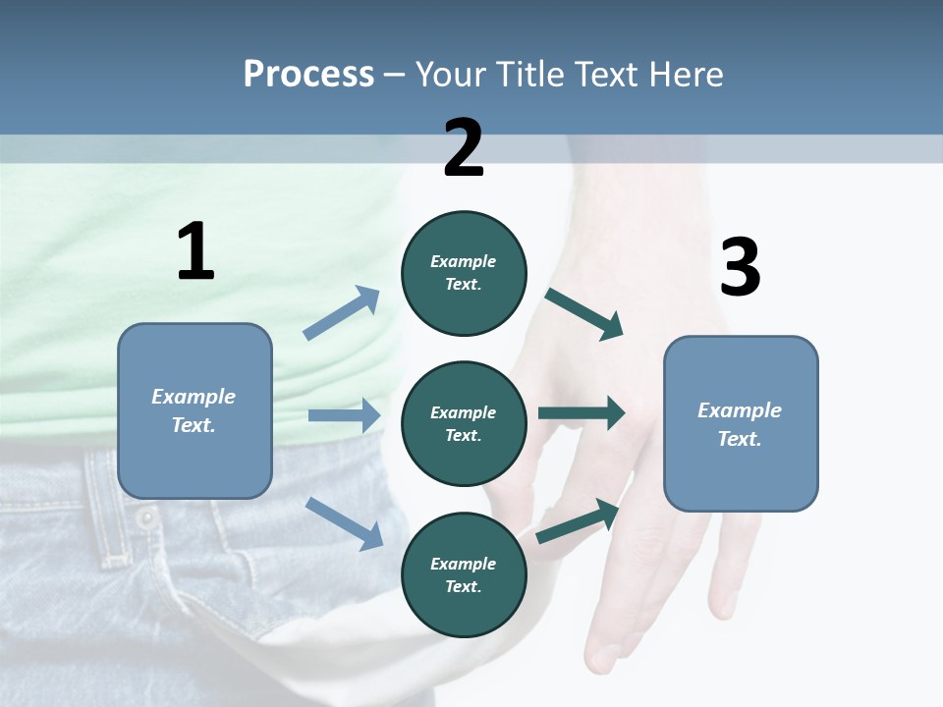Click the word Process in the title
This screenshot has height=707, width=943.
(308, 74)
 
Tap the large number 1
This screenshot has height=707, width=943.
(195, 252)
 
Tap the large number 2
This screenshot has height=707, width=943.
(464, 148)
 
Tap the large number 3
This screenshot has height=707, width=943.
(740, 268)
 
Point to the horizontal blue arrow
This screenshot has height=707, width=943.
(344, 416)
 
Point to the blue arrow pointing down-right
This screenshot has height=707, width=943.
(345, 522)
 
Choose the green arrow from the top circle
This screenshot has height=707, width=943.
(584, 313)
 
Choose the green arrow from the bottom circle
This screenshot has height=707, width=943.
(579, 520)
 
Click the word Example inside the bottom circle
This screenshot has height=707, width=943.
(464, 564)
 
